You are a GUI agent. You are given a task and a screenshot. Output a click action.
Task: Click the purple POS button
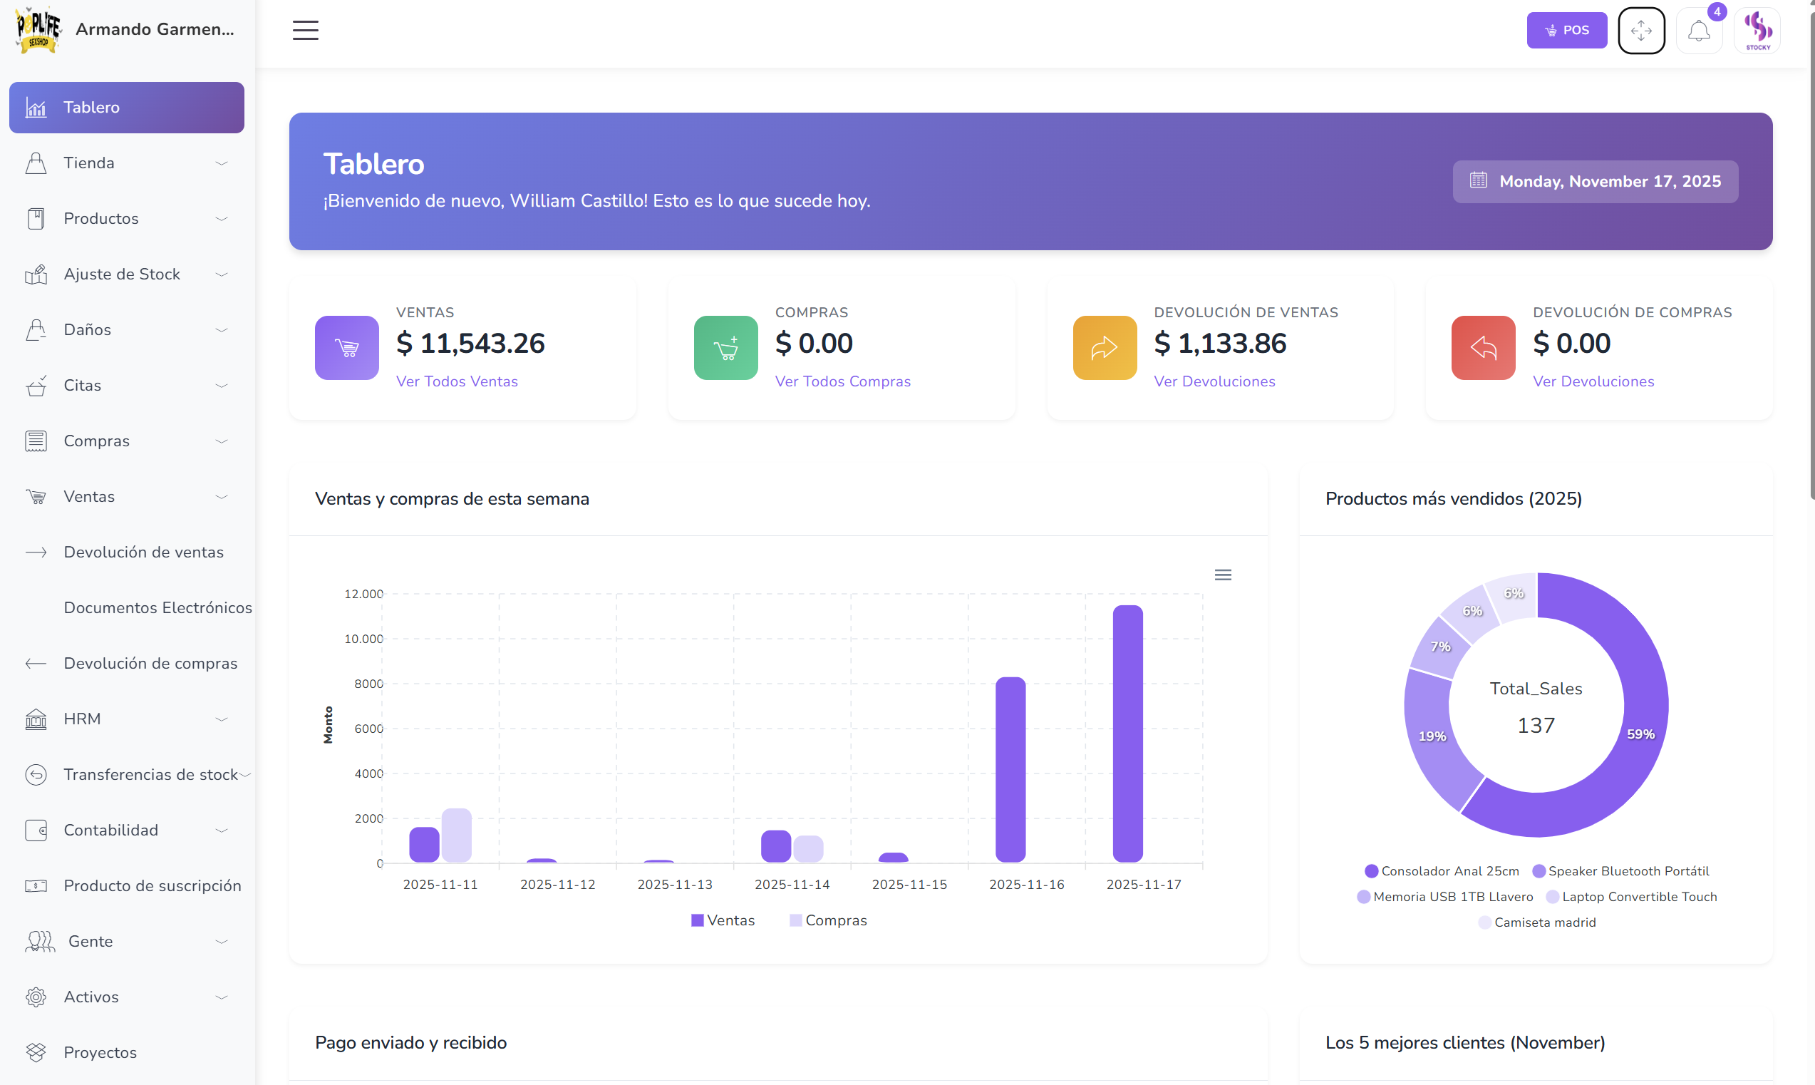pos(1566,30)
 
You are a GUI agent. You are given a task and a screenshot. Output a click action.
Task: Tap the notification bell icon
pos(1698,31)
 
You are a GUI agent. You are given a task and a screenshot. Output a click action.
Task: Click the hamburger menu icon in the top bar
pos(306,30)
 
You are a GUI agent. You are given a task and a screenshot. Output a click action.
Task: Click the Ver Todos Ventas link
pos(457,381)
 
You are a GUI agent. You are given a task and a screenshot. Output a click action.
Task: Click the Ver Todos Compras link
pos(842,381)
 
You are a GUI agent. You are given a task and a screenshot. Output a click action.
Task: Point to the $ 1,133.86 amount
pos(1219,344)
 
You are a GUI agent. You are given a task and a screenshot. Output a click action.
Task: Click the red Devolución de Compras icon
pos(1482,347)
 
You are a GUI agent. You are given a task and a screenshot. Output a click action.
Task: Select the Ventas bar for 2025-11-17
pos(1127,734)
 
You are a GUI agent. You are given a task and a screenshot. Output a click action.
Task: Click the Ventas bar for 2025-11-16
pos(1010,769)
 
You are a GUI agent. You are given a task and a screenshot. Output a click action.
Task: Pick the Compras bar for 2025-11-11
pos(456,835)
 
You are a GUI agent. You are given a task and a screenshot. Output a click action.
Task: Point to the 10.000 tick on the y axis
pos(363,639)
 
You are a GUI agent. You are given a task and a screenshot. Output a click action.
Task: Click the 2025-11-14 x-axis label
pos(791,884)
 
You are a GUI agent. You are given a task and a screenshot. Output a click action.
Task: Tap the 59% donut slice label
pos(1640,734)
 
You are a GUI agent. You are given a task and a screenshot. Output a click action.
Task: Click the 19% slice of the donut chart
pos(1432,736)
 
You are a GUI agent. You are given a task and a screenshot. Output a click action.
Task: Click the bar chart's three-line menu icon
pos(1222,575)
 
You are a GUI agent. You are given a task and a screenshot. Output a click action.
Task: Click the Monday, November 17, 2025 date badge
pos(1595,181)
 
